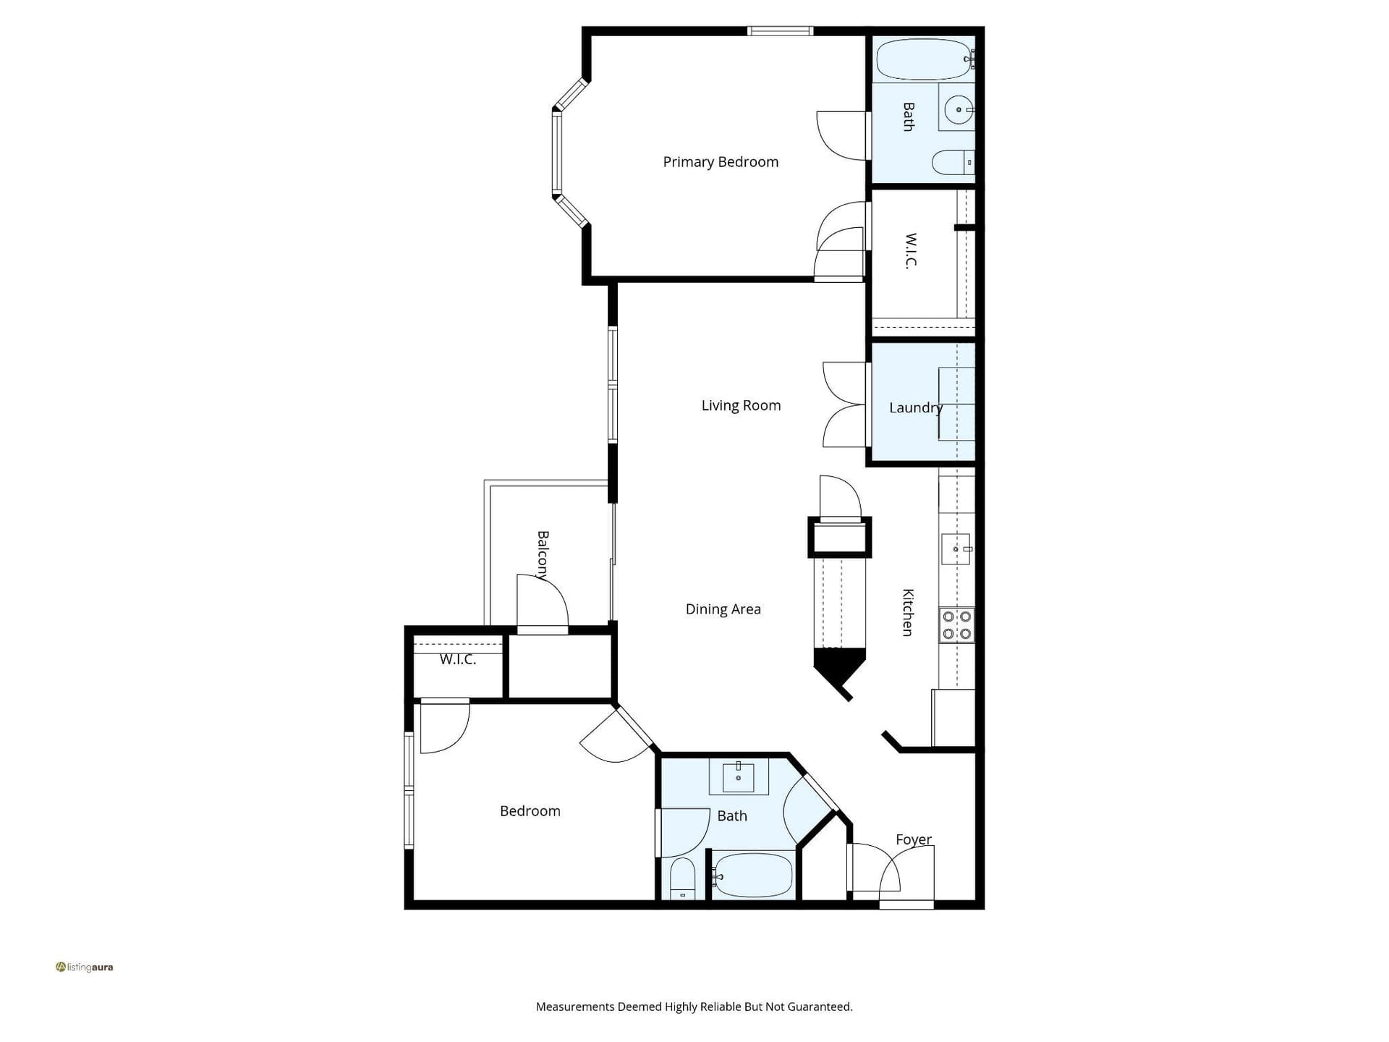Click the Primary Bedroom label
721,162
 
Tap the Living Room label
741,405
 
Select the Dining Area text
723,609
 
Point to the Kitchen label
908,612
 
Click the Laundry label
916,407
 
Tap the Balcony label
543,556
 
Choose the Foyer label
914,839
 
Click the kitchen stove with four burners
956,625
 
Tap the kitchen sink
956,549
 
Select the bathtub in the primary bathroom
924,59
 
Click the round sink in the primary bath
959,110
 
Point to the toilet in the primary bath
953,162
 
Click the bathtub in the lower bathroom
752,875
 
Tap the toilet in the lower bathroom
682,878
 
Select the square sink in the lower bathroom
738,778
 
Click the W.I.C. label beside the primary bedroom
911,250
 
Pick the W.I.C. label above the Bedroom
458,659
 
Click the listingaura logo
85,967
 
